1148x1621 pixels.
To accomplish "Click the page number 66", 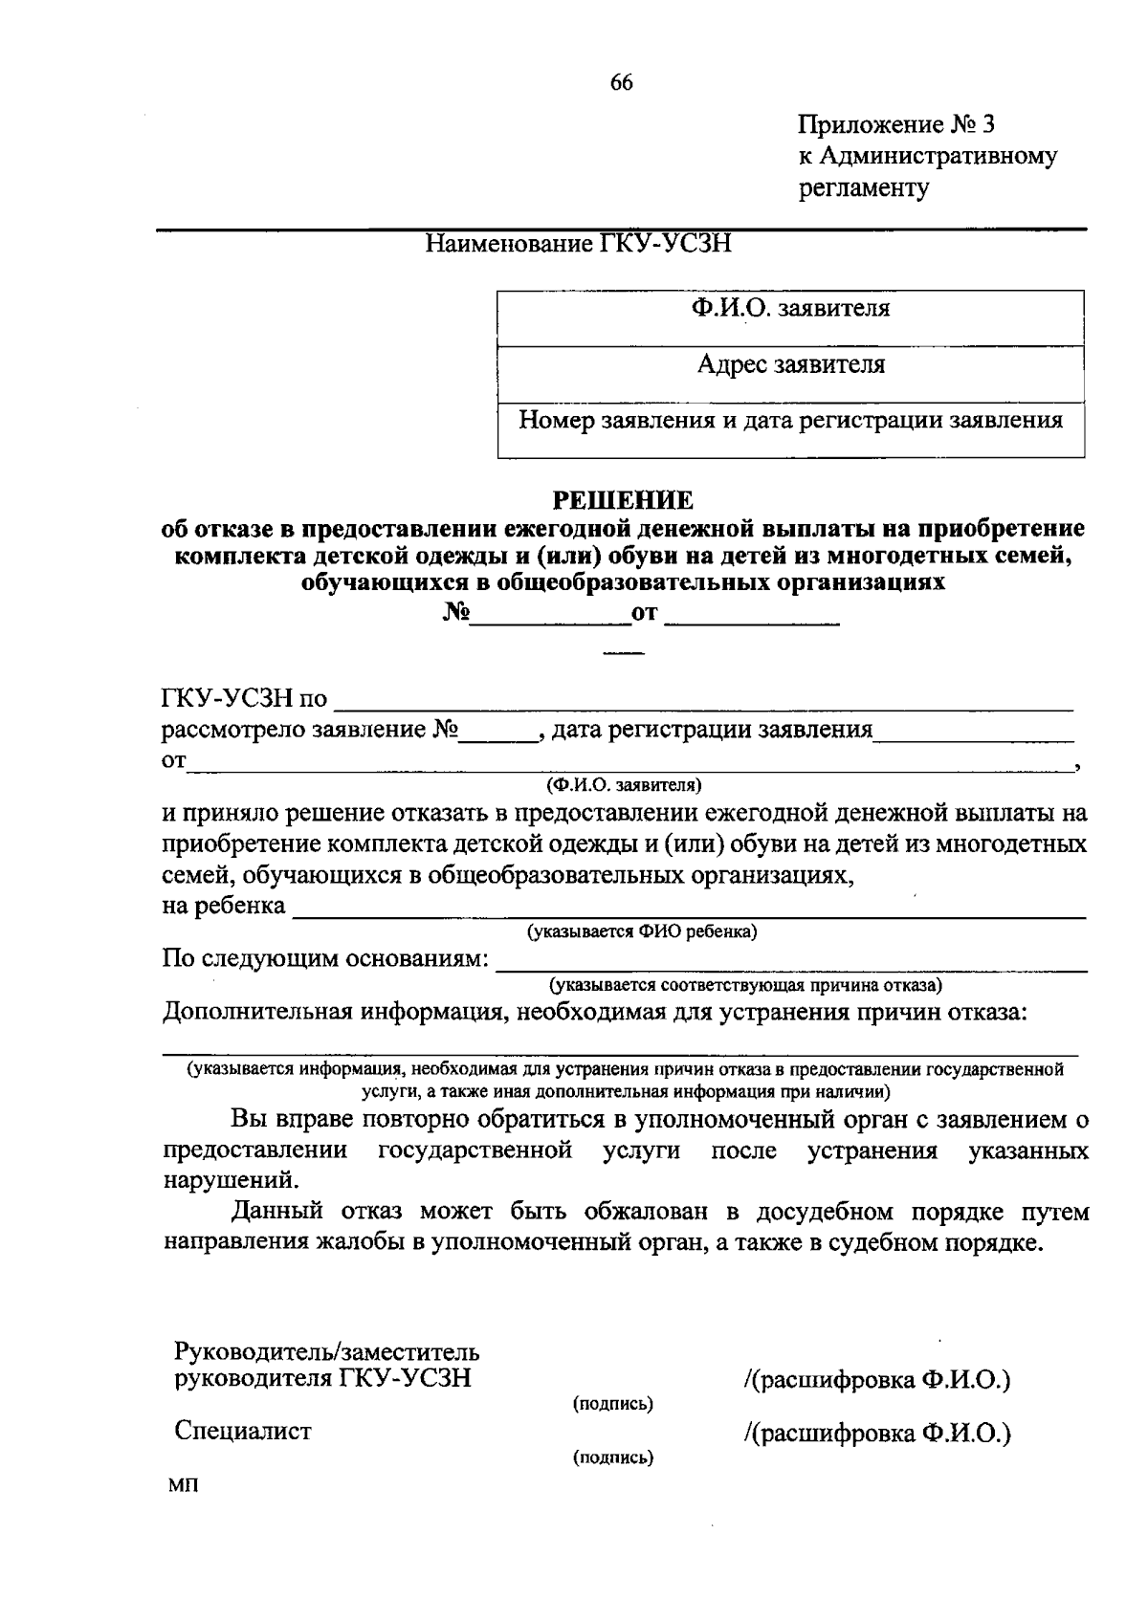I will [621, 83].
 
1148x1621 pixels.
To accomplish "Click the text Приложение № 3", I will [896, 124].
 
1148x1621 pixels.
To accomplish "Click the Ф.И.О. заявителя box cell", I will [790, 309].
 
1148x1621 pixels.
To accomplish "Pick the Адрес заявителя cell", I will [790, 364].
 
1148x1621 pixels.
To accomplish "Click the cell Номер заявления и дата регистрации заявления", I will [790, 421].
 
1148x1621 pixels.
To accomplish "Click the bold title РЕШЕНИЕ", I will [625, 499].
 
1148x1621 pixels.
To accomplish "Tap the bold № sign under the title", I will [455, 613].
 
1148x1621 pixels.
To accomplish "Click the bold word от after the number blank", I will [645, 613].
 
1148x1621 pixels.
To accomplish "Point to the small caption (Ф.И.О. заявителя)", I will [624, 785].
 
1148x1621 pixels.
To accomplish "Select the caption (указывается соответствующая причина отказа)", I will [745, 985].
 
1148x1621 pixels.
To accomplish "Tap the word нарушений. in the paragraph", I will [224, 1179].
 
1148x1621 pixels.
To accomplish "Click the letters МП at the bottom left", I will [181, 1485].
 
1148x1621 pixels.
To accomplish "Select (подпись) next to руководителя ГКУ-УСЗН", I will [612, 1404].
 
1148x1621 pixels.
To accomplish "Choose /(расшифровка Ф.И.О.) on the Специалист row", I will [876, 1434].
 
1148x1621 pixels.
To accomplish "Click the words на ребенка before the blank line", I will [224, 906].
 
